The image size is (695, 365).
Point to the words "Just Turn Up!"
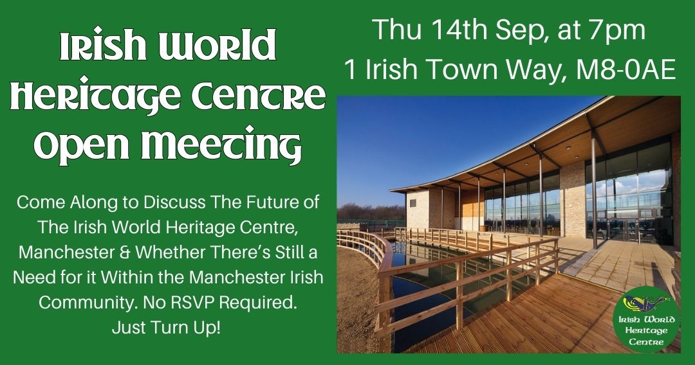click(x=166, y=327)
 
